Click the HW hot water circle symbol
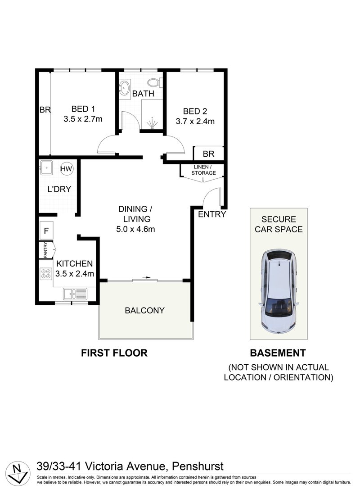coord(67,169)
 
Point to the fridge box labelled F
coord(46,231)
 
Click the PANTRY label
coord(45,250)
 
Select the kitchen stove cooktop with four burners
coord(46,273)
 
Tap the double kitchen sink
coord(75,294)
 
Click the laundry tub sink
coord(46,168)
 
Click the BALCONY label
coord(144,310)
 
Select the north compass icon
coord(18,471)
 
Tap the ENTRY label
coord(211,214)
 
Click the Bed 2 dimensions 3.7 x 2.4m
coord(195,121)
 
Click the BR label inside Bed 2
coord(208,154)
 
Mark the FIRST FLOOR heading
coord(114,353)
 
